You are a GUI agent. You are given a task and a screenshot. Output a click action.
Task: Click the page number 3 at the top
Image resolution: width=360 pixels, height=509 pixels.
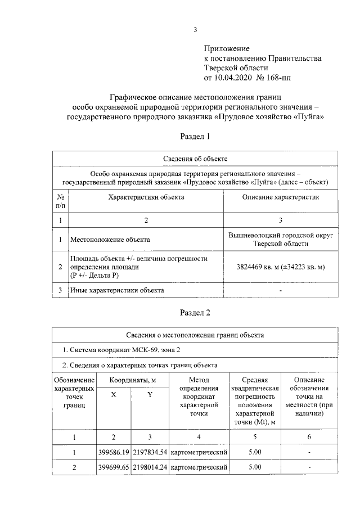coord(195,30)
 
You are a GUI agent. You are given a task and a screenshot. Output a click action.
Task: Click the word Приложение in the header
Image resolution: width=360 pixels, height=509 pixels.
coord(226,49)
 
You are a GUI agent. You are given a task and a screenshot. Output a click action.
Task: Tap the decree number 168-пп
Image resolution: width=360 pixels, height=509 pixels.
coord(279,77)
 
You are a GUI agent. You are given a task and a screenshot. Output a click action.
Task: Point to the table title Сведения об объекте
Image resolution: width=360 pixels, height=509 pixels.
coord(195,159)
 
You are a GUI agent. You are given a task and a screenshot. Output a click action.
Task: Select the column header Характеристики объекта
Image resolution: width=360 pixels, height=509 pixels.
coord(146,197)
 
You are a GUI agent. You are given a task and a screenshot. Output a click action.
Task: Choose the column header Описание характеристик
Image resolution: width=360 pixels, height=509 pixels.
coord(280,197)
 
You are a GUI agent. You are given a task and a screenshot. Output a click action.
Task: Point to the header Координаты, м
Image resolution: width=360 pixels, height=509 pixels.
coord(132,380)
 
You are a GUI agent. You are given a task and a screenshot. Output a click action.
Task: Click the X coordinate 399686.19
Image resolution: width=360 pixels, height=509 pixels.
coord(114,452)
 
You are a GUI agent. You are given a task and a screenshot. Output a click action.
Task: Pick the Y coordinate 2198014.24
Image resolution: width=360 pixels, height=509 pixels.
coord(149,467)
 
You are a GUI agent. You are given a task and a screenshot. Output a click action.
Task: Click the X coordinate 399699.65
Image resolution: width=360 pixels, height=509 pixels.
coord(114,467)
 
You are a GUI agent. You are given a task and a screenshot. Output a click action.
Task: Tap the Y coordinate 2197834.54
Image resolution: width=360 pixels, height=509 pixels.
coord(149,452)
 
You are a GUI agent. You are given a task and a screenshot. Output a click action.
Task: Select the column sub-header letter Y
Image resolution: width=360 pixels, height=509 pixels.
coord(149,395)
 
